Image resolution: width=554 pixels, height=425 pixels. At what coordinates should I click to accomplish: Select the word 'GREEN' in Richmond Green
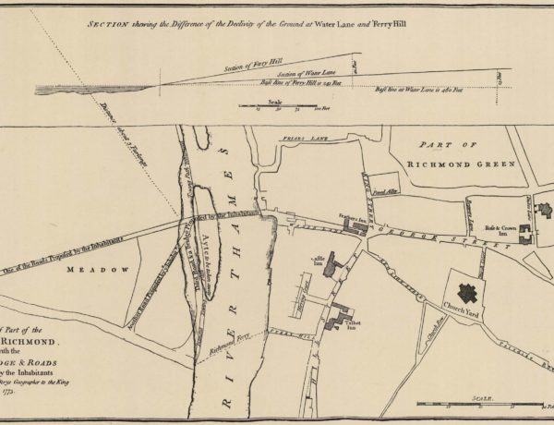(x=488, y=164)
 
